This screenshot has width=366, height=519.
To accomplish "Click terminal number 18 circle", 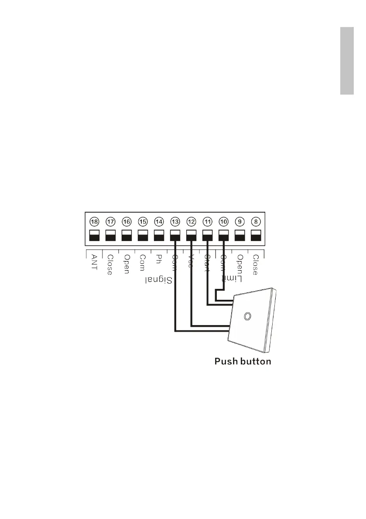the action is pyautogui.click(x=94, y=221).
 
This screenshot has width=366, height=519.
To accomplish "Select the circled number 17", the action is pyautogui.click(x=110, y=221).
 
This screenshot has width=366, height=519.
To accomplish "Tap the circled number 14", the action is pyautogui.click(x=159, y=221).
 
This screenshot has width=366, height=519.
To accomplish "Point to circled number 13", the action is pyautogui.click(x=175, y=221).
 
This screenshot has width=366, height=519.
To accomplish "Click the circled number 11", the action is pyautogui.click(x=207, y=221).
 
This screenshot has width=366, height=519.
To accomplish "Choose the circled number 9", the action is pyautogui.click(x=239, y=221).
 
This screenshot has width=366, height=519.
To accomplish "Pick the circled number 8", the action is pyautogui.click(x=256, y=221).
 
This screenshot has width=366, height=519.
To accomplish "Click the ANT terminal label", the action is pyautogui.click(x=94, y=262).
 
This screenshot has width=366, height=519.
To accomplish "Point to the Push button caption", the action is pyautogui.click(x=243, y=361).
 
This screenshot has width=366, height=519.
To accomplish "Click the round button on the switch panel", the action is pyautogui.click(x=248, y=315).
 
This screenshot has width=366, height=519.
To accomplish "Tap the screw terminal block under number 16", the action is pyautogui.click(x=127, y=235).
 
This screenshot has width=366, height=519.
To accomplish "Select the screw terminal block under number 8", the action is pyautogui.click(x=256, y=235).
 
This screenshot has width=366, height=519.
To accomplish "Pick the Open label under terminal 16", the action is pyautogui.click(x=127, y=264).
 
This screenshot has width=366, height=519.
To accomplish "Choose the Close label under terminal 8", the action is pyautogui.click(x=256, y=265).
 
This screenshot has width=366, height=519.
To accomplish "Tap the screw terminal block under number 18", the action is pyautogui.click(x=94, y=235).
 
